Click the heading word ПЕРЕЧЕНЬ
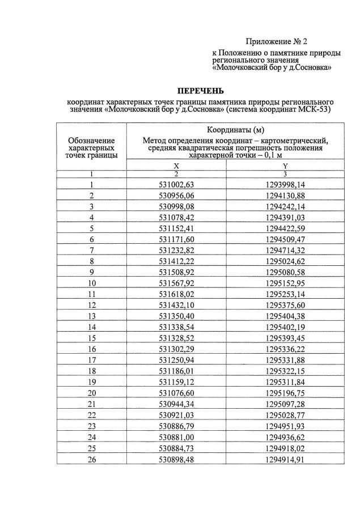coord(200,91)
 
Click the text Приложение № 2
coord(276,41)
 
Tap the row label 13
coord(91,316)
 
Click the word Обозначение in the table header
coord(91,140)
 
